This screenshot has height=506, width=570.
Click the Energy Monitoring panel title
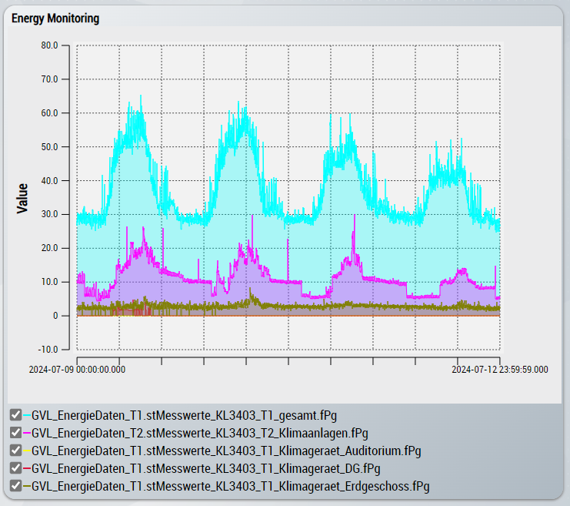[55, 18]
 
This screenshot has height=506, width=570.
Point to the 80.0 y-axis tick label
[49, 45]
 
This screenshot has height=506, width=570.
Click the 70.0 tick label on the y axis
[49, 79]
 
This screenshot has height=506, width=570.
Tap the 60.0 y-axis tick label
[49, 112]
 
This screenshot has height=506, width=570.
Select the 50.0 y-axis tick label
[49, 146]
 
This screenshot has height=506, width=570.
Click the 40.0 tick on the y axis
[49, 180]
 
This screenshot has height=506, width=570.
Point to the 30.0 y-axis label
[49, 214]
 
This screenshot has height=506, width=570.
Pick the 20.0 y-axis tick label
[49, 248]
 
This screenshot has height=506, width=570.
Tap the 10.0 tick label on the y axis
[49, 282]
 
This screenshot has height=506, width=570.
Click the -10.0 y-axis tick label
[48, 350]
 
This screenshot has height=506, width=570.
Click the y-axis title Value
[23, 197]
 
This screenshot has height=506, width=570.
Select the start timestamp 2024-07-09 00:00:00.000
[77, 370]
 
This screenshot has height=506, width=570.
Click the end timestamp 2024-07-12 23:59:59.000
[499, 370]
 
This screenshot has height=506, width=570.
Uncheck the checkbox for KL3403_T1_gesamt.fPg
[15, 415]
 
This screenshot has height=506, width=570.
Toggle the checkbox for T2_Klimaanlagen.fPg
[15, 433]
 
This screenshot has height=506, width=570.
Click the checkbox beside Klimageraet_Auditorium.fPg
[15, 451]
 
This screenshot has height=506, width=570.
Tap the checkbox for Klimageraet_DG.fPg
[15, 468]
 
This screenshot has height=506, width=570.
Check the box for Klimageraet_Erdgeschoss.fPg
[15, 486]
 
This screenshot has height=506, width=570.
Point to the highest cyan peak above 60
[142, 96]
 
